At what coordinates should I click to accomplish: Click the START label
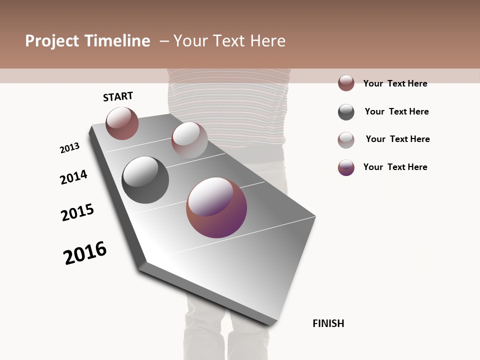118,96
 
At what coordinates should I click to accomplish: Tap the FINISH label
328,323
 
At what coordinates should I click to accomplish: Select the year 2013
69,148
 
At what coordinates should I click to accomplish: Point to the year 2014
73,177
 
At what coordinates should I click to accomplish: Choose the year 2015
77,212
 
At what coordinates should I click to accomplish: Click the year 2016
85,253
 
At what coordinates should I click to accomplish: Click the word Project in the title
52,41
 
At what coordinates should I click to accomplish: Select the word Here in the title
267,41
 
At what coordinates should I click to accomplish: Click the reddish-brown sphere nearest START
122,123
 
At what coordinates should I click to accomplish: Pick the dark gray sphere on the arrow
145,180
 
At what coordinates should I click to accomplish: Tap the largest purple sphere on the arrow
216,207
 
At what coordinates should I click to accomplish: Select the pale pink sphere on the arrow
189,140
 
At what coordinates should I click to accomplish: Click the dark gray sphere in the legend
346,112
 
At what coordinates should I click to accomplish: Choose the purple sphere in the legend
346,167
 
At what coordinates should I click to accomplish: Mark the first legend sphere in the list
346,83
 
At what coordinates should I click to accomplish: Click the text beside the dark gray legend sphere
396,111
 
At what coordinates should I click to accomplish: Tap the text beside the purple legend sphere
395,167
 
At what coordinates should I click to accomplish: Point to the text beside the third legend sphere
397,139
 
